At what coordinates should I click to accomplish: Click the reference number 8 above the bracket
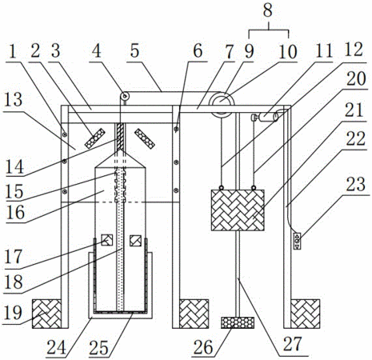[x=267, y=10]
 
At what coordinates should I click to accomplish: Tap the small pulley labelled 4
[x=124, y=95]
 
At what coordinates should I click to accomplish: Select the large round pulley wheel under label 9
[x=222, y=104]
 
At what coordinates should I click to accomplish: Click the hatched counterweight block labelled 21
[x=238, y=210]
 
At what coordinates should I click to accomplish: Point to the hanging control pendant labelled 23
[x=297, y=241]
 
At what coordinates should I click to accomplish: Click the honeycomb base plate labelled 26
[x=238, y=322]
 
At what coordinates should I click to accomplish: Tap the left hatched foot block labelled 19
[x=46, y=314]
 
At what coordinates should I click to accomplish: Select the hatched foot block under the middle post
[x=194, y=314]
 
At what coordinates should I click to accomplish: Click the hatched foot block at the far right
[x=306, y=314]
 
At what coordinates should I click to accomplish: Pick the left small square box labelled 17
[x=107, y=240]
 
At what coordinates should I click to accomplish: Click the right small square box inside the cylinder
[x=135, y=241]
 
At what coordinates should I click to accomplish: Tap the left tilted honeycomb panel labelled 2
[x=95, y=138]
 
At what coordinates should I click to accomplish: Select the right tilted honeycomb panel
[x=145, y=138]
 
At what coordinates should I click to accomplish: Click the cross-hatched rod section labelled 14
[x=120, y=136]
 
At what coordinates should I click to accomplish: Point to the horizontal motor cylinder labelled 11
[x=267, y=118]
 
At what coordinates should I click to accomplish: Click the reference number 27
[x=292, y=344]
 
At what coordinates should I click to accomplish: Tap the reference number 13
[x=13, y=99]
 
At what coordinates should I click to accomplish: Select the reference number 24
[x=56, y=347]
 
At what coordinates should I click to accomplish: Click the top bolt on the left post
[x=64, y=135]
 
